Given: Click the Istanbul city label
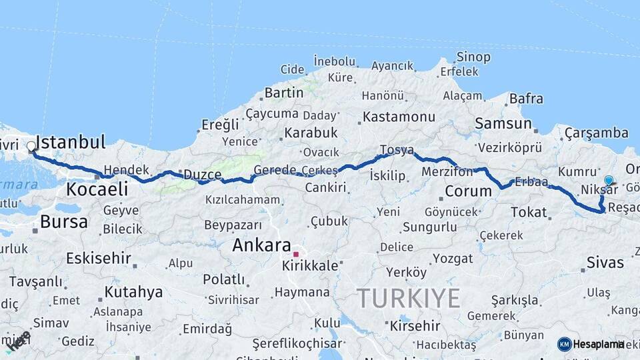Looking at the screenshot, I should (x=70, y=142).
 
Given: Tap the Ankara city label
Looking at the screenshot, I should (x=261, y=245).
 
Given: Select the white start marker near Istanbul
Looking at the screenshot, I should (x=31, y=146).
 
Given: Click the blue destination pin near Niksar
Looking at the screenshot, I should (x=609, y=180).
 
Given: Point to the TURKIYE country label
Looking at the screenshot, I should (x=408, y=298).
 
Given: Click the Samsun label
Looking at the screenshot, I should (x=503, y=123).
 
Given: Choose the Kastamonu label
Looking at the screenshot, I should (x=399, y=117).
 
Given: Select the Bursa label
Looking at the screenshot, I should (x=64, y=222).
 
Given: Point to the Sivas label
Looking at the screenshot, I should (x=605, y=262).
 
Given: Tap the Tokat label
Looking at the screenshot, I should (x=528, y=213).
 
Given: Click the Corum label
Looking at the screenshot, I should (x=467, y=192).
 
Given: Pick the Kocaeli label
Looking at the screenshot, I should (x=97, y=189).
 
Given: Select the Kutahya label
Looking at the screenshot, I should (x=133, y=292).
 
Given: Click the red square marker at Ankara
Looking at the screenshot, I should (x=296, y=254).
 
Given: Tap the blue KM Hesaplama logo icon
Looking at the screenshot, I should (x=565, y=344).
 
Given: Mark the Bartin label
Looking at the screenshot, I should (x=284, y=93).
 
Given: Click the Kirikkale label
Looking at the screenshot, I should (x=311, y=265).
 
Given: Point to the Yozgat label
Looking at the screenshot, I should (x=453, y=259).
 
